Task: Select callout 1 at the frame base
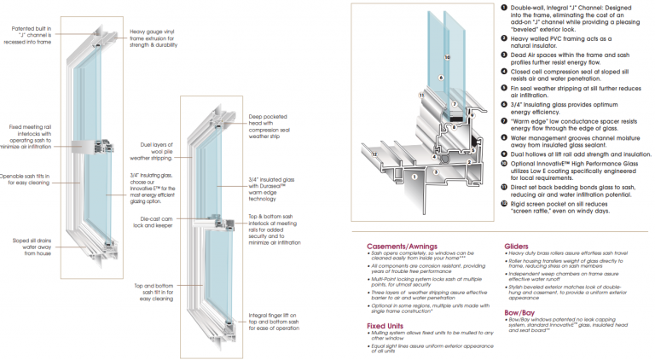click(414, 177)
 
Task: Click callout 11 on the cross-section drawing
click(420, 94)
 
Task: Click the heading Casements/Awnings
click(403, 244)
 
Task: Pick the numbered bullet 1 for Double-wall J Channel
click(501, 7)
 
